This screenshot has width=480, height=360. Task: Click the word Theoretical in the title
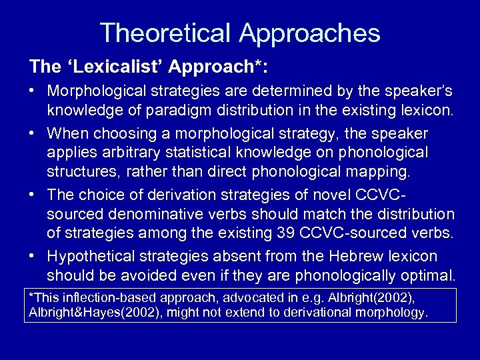pyautogui.click(x=166, y=33)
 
